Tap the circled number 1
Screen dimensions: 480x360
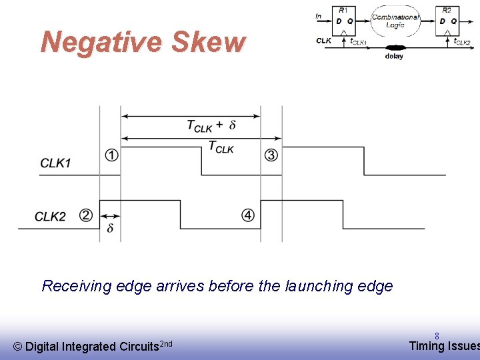[x=112, y=155]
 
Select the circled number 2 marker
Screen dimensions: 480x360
[x=86, y=215]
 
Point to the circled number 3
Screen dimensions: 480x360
[x=271, y=155]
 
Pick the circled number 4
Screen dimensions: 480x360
[x=248, y=215]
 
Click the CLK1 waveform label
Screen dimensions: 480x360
[x=55, y=163]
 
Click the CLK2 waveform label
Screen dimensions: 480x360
[x=51, y=217]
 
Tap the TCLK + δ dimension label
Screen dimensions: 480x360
[x=211, y=125]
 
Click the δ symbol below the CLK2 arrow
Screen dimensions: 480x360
[x=110, y=228]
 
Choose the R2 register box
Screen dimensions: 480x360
[x=447, y=21]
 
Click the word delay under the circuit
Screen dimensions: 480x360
[x=394, y=57]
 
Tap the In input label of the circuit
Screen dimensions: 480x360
[x=319, y=17]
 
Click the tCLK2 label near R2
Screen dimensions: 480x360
[x=462, y=42]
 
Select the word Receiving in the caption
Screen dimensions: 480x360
[x=76, y=286]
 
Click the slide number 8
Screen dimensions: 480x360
[x=437, y=337]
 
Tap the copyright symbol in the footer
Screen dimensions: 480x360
[x=18, y=346]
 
